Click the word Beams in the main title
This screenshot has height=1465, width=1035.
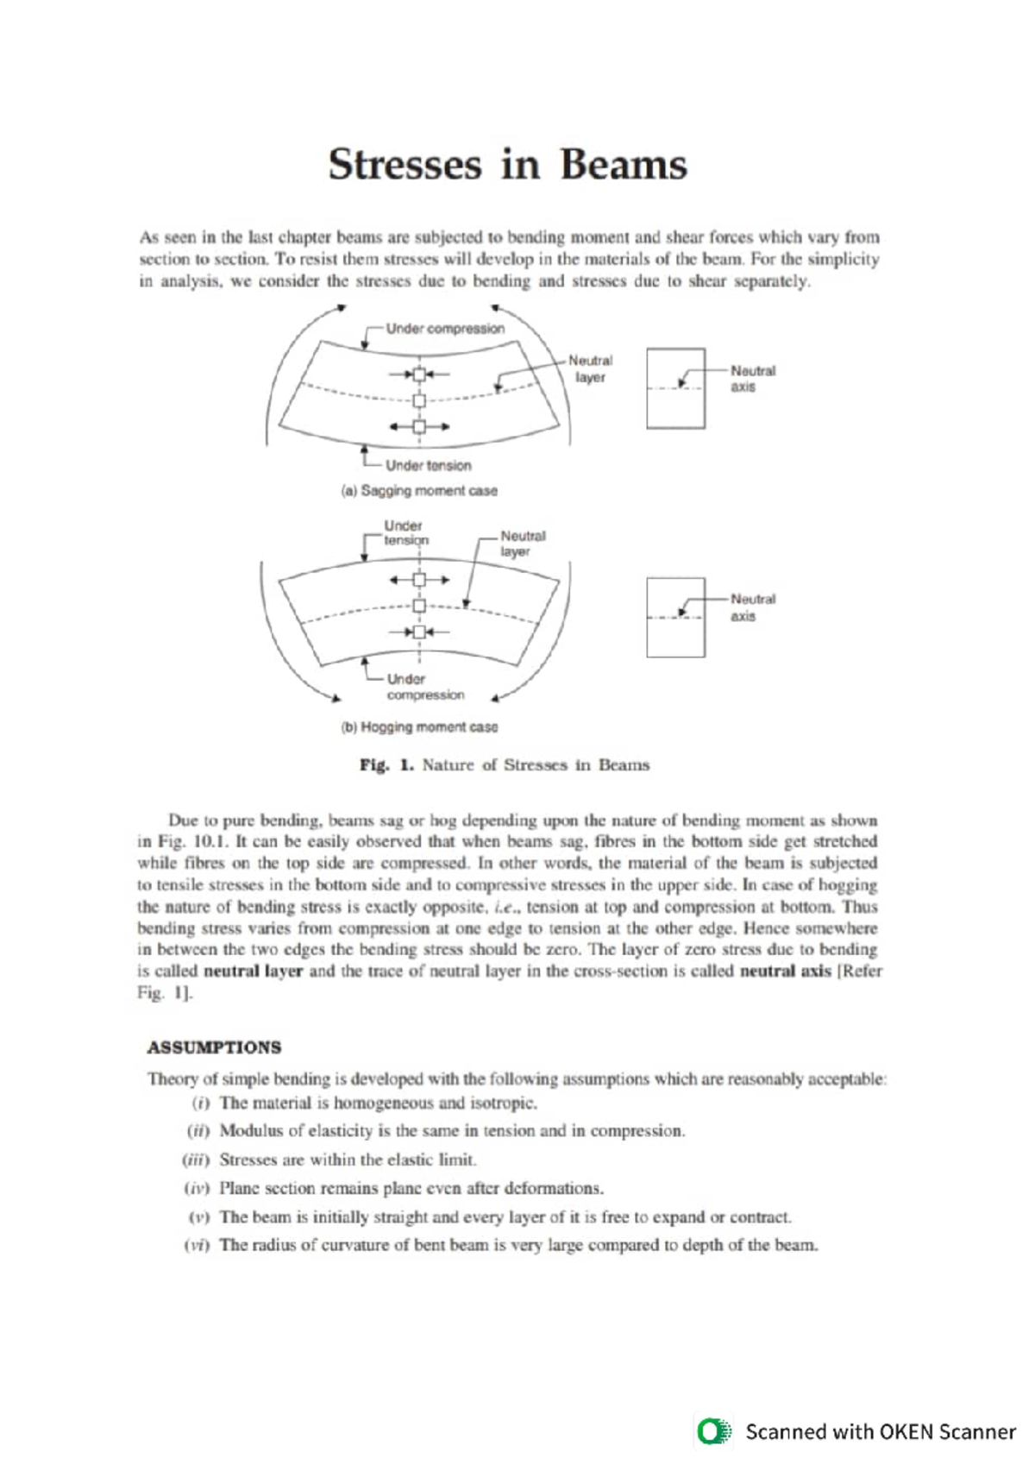(623, 165)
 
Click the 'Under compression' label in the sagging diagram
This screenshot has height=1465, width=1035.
(444, 329)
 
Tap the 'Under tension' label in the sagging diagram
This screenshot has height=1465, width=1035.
(428, 466)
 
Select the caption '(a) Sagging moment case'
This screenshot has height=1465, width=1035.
(419, 491)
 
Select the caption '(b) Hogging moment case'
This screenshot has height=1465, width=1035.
(419, 727)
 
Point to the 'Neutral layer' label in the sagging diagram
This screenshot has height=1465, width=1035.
(590, 369)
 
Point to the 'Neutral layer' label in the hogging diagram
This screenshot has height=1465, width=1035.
(522, 544)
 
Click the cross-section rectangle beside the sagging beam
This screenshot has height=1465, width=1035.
(675, 388)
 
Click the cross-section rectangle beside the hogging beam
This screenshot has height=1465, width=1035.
(675, 618)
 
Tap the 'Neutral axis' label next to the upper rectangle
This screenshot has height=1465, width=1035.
(752, 379)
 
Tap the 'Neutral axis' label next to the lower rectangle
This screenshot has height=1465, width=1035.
(752, 607)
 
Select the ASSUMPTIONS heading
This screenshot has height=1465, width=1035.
(214, 1047)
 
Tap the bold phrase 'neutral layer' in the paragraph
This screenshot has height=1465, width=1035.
(253, 971)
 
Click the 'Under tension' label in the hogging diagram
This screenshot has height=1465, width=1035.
(405, 533)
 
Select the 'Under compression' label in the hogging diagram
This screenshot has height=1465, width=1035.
(423, 687)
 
